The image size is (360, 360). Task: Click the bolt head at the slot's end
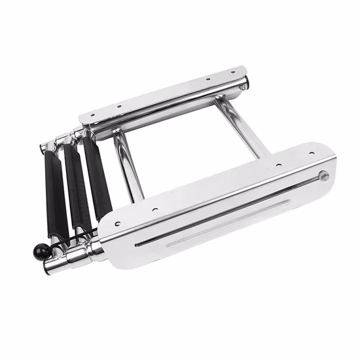tap(323, 175)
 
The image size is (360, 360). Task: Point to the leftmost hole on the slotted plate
tap(118, 224)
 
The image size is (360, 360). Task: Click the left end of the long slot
tap(137, 245)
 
